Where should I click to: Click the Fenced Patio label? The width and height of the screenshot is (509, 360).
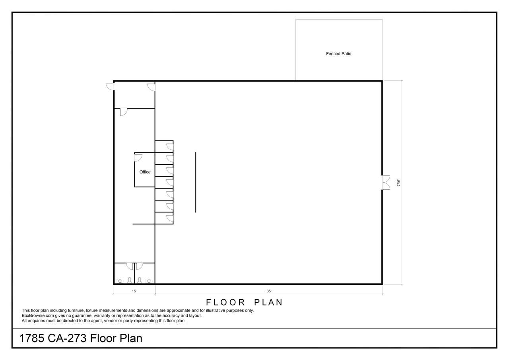pos(338,54)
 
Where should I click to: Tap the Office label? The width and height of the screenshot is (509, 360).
pos(145,172)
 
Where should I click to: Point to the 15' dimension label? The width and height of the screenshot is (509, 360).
pos(134,291)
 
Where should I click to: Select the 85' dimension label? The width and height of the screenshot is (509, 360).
pos(269,291)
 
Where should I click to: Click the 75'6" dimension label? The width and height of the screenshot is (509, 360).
pos(398,183)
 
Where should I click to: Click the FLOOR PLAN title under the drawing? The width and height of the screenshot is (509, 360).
pos(244,302)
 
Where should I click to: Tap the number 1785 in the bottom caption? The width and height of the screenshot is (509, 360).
pos(32,338)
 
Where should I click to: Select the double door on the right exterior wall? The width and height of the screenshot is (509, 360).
pos(386,183)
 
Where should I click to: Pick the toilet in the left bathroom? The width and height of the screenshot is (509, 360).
pos(130,280)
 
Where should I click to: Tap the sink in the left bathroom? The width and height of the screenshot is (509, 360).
pos(120,281)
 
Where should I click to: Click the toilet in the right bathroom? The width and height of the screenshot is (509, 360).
pos(140,280)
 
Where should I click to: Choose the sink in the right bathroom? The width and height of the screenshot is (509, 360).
pos(149,281)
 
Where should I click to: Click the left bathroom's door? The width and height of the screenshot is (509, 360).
pos(130,266)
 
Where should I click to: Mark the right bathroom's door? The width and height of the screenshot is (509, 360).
pos(139,266)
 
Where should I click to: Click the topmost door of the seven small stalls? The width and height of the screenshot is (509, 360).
pos(170,147)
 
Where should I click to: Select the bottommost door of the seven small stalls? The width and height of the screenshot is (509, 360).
pos(170,218)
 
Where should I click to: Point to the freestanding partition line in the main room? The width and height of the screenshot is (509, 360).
pos(196,182)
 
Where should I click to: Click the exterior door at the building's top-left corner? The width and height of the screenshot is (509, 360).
pos(110,86)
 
